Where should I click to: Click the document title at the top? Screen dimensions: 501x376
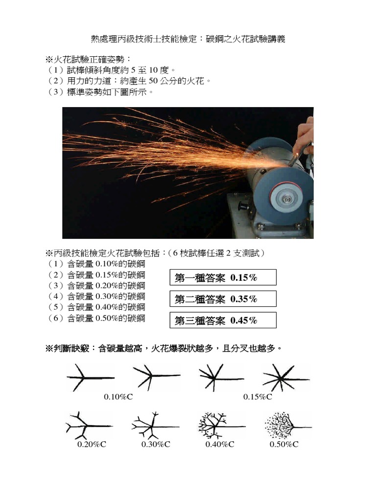coord(188,39)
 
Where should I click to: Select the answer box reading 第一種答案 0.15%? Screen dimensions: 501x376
coord(223,277)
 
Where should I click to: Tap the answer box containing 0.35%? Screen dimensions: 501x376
coord(223,299)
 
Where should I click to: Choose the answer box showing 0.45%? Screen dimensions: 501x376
coord(223,320)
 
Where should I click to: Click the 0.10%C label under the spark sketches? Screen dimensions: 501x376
coord(118,397)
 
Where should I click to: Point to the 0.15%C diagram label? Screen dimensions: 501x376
coord(258,397)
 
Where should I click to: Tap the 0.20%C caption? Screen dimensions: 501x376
coord(92,444)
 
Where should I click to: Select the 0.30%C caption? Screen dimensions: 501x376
coord(156,444)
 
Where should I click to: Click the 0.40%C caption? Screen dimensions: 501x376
coord(220,444)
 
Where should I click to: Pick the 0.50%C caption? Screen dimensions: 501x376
coord(284,444)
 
